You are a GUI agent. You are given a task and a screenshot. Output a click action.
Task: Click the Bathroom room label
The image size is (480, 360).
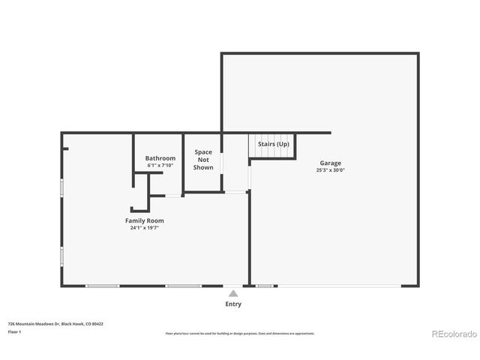160,158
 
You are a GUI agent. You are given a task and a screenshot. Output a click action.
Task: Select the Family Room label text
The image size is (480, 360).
144,220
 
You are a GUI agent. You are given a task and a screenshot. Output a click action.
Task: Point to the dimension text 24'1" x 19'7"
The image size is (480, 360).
144,227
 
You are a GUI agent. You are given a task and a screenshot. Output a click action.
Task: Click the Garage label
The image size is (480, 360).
330,163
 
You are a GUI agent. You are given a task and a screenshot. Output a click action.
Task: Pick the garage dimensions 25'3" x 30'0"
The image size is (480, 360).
330,170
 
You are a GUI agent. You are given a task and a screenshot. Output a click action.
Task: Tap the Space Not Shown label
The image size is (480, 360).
203,160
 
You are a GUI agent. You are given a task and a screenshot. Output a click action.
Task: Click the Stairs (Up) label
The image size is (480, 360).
273,144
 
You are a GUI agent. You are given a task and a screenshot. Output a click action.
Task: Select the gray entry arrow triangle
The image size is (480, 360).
233,293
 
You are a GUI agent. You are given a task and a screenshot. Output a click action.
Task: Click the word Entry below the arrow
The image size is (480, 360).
233,304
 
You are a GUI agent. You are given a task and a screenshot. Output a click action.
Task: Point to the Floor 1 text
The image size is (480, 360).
15,331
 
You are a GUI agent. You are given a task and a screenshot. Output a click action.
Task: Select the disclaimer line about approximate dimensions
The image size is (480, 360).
240,333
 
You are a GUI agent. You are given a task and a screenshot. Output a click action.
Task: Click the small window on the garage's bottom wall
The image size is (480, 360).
265,286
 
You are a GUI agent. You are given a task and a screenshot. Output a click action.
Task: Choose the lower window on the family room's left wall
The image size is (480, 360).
61,256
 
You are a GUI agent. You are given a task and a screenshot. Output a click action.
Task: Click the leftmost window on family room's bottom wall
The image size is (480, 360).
102,286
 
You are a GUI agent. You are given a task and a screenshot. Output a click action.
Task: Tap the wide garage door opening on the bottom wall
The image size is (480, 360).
338,286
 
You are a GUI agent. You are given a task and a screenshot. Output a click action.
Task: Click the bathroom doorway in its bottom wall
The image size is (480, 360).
173,196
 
